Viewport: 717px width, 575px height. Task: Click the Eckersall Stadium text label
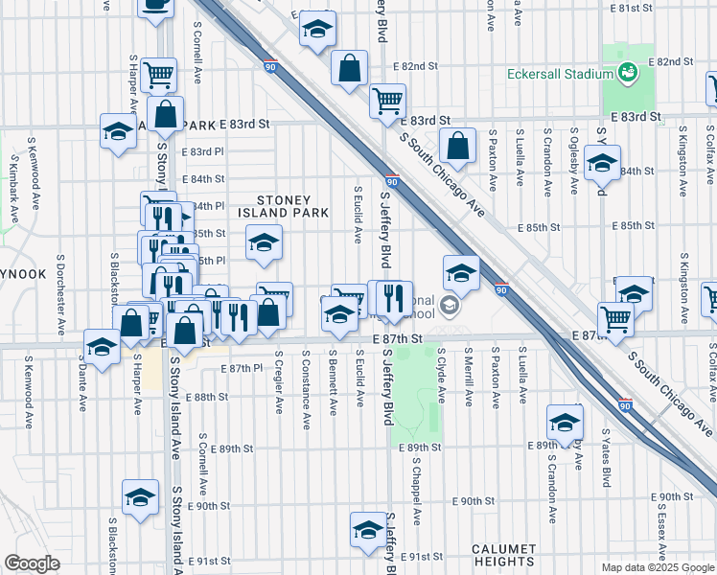(x=560, y=75)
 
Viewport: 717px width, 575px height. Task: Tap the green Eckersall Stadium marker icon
(x=628, y=72)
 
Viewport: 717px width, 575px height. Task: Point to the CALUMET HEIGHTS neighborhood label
(x=503, y=555)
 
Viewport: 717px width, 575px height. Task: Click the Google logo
(x=32, y=563)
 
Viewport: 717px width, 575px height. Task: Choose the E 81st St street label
(x=631, y=8)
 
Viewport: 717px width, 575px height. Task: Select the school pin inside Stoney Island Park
(x=264, y=242)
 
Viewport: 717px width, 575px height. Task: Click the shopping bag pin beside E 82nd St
(x=350, y=68)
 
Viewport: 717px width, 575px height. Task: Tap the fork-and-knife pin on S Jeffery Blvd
(x=391, y=299)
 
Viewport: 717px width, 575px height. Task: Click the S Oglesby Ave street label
(x=573, y=154)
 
